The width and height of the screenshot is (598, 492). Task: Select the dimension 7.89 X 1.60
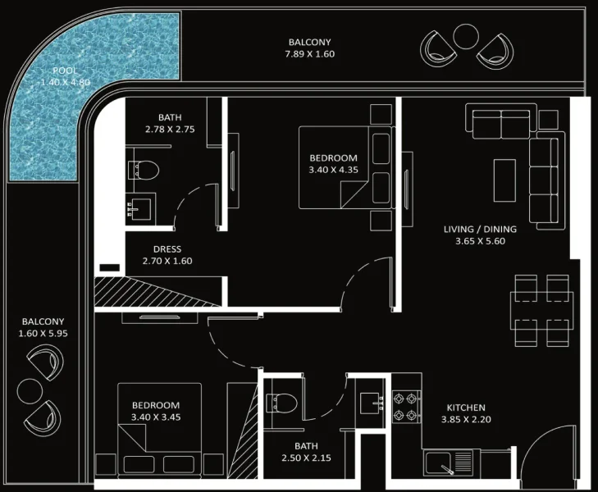(310, 54)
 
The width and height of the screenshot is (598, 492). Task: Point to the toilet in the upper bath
(144, 170)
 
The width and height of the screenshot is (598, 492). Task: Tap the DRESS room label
(167, 249)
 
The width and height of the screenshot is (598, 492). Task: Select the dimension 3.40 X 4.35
(333, 170)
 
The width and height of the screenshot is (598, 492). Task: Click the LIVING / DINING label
(480, 230)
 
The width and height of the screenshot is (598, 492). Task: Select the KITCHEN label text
(465, 408)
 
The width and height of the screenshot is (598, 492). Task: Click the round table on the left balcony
(30, 389)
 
